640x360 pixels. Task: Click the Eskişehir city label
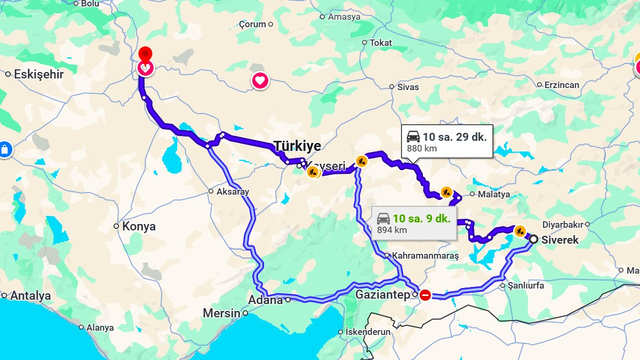click(x=38, y=74)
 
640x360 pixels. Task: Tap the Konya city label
click(x=139, y=226)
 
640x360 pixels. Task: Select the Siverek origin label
click(x=559, y=240)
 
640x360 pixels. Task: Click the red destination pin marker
click(x=145, y=54)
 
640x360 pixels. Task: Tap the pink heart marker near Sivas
click(x=260, y=81)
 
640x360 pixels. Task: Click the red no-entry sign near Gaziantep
click(x=425, y=294)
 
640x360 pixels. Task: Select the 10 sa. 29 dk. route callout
click(x=447, y=141)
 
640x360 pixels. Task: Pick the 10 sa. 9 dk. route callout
click(x=414, y=222)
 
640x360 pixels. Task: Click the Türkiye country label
click(x=298, y=146)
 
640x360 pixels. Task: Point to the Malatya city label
click(x=494, y=194)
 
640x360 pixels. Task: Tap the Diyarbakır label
click(x=563, y=225)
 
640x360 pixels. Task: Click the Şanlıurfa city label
click(x=526, y=285)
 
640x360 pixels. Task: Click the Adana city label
click(x=266, y=300)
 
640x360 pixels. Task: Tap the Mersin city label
click(x=221, y=313)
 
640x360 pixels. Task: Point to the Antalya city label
click(x=30, y=295)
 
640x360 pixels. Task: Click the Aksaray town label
click(x=233, y=191)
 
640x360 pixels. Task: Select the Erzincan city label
click(x=562, y=85)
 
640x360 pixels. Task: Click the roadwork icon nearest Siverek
click(x=520, y=231)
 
